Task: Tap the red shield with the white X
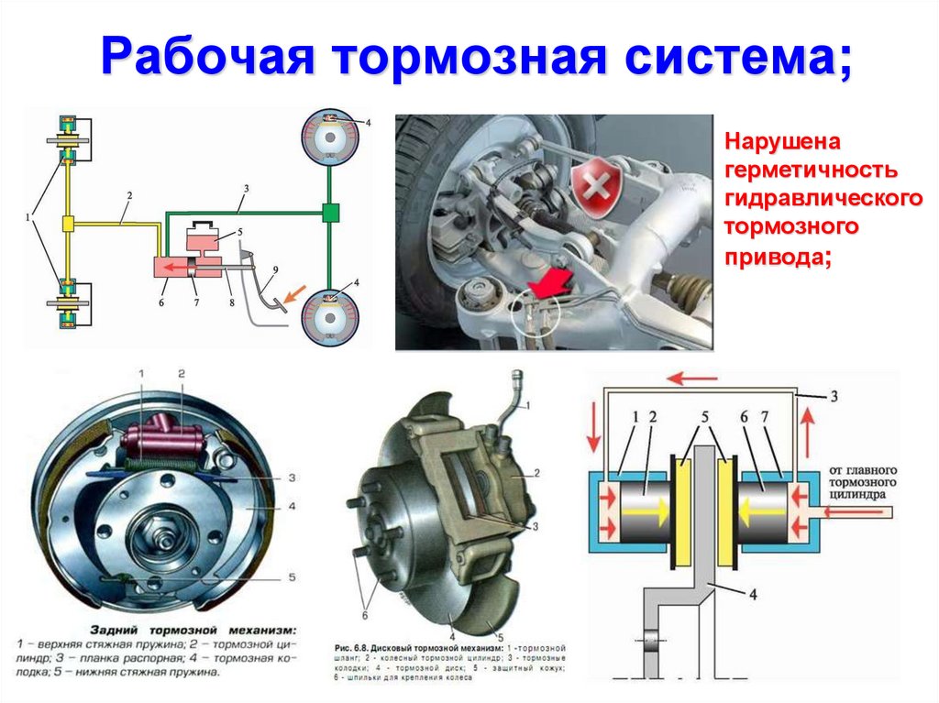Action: (593, 186)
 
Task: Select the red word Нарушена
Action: (783, 144)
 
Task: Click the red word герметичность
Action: (811, 171)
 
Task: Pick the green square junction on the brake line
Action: (330, 213)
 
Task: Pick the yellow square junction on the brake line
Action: (67, 224)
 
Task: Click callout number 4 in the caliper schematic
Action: (752, 595)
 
